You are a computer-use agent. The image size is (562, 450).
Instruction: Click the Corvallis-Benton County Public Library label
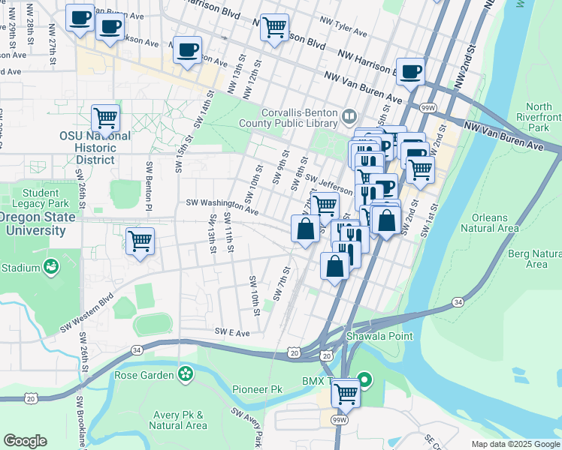pos(289,118)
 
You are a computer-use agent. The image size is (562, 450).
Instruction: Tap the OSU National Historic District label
pos(95,148)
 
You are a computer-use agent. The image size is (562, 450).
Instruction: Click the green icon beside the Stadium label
pos(51,267)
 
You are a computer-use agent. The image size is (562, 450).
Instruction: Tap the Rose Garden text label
pos(144,374)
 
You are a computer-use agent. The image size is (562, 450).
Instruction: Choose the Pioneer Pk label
pos(257,389)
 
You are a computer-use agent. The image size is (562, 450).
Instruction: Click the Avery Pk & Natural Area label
pos(177,420)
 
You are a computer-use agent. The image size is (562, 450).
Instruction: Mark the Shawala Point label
pos(379,336)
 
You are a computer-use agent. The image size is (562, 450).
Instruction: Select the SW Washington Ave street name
pos(216,204)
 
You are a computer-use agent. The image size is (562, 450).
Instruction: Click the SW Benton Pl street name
pos(150,186)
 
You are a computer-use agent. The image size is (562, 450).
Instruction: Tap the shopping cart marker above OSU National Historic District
pos(105,118)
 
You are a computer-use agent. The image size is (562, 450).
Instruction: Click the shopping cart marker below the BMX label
pos(346,391)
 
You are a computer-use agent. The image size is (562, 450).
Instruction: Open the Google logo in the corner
pos(25,441)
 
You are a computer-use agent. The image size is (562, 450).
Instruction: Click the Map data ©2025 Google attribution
pos(515,444)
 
